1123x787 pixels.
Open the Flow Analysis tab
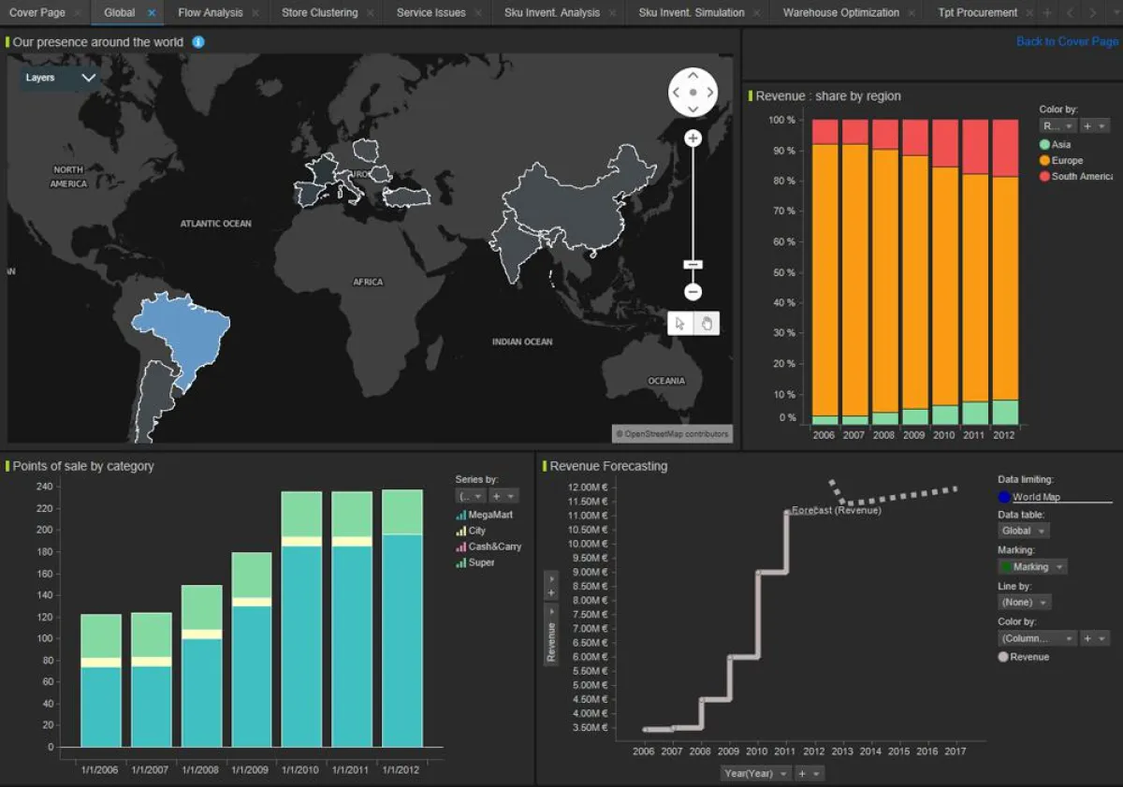(x=210, y=13)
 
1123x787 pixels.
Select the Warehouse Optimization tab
(x=840, y=13)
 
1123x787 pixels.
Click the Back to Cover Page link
(x=1067, y=41)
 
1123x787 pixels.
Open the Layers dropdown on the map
(x=60, y=78)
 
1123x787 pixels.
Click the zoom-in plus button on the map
(x=693, y=138)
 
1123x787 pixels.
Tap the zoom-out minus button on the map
(x=693, y=292)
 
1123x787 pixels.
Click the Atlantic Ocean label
(x=215, y=224)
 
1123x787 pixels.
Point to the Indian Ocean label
(x=522, y=342)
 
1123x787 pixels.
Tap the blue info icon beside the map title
(x=198, y=42)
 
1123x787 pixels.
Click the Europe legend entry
(x=1066, y=161)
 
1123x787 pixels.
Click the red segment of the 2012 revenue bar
(x=1005, y=148)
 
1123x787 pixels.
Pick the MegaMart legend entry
(x=489, y=515)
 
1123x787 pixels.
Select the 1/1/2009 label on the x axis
(x=250, y=769)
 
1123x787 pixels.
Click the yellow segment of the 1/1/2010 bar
(x=301, y=541)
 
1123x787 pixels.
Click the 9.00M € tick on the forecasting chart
(x=589, y=572)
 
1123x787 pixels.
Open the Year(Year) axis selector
(x=752, y=773)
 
